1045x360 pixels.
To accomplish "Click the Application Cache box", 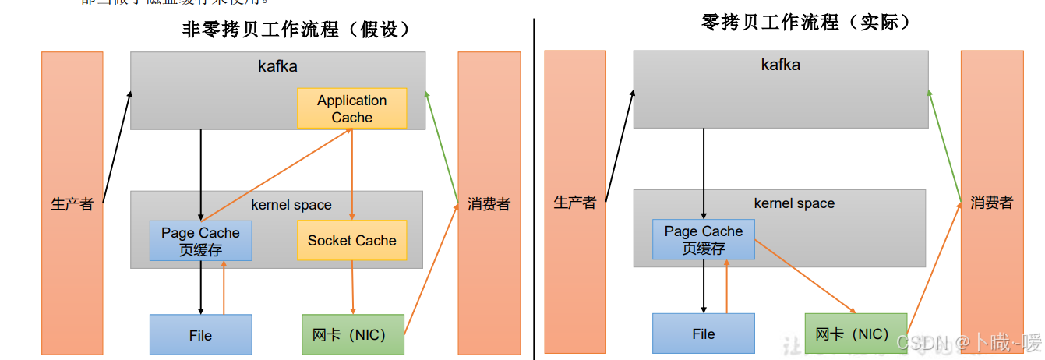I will (351, 108).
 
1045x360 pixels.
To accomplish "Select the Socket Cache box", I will (351, 240).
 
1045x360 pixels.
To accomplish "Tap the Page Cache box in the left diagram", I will (200, 241).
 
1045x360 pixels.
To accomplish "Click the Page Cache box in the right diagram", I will (703, 239).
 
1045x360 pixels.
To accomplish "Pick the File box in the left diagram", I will (200, 335).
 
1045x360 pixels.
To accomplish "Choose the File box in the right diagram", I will (703, 334).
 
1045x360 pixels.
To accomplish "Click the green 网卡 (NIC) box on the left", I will (353, 335).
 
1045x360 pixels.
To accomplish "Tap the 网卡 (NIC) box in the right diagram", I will (856, 334).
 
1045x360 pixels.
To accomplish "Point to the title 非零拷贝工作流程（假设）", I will (296, 30).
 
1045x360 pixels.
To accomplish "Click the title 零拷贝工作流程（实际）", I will (806, 22).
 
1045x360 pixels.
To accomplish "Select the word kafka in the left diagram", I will (277, 66).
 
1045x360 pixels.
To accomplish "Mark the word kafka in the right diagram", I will (780, 65).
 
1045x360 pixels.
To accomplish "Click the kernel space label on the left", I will (291, 205).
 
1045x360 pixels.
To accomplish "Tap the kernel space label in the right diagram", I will (794, 203).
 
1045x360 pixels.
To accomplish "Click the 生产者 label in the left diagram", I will (72, 204).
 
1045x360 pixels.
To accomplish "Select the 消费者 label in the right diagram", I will (991, 203).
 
